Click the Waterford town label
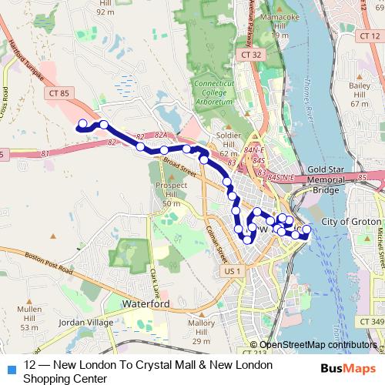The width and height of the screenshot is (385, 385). pos(146,305)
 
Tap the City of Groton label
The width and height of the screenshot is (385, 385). pos(350,222)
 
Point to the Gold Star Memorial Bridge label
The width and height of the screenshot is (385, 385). pos(333,179)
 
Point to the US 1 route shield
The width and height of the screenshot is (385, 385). pos(232,272)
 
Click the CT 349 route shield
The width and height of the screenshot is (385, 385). pos(370,320)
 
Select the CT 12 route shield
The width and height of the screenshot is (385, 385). pos(370,36)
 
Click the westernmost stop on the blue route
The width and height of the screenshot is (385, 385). pos(82,122)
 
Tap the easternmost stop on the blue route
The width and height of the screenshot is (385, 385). pos(306,229)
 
